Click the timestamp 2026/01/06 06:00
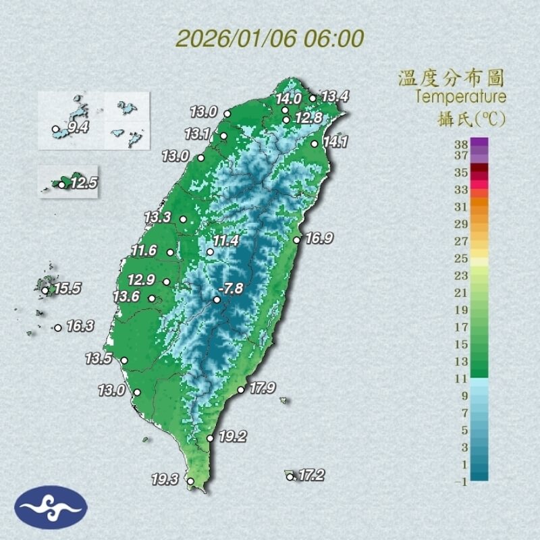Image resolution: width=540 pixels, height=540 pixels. [x=270, y=38]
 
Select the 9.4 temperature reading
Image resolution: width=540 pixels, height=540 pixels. [x=78, y=127]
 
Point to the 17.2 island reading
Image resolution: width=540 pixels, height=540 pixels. [x=310, y=475]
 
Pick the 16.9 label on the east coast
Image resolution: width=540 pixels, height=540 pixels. [x=319, y=238]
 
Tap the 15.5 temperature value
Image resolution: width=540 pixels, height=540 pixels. [x=67, y=289]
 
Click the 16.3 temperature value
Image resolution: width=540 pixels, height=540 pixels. [x=80, y=326]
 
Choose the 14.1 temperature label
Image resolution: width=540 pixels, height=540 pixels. [x=335, y=142]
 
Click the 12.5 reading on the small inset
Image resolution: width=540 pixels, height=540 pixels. [x=84, y=182]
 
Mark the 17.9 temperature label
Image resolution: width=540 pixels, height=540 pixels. [x=263, y=388]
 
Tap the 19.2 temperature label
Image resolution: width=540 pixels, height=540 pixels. [x=232, y=437]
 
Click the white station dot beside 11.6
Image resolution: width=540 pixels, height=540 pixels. [x=171, y=252]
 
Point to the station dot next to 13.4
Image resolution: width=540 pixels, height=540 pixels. [x=313, y=98]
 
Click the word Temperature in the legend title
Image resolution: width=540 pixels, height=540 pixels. [x=460, y=97]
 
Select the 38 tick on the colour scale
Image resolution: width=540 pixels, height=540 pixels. [x=462, y=144]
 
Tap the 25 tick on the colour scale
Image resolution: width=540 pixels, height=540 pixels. [x=462, y=258]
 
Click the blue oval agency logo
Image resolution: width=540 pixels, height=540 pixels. [x=51, y=507]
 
